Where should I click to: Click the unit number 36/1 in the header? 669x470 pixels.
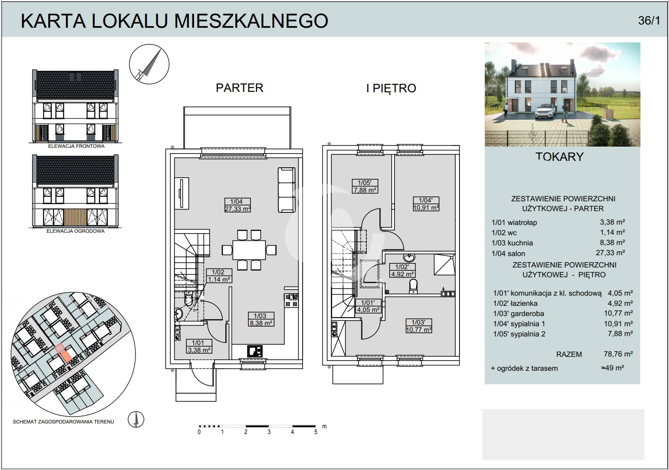(649, 20)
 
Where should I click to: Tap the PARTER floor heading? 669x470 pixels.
(239, 88)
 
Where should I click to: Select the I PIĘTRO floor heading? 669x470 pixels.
(391, 88)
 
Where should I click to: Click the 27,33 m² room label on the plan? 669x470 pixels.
(237, 205)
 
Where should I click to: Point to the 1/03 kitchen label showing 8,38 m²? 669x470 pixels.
(261, 319)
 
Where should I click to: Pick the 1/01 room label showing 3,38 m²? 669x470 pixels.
(199, 346)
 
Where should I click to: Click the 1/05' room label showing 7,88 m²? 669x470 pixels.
(365, 186)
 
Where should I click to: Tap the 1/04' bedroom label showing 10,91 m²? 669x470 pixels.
(426, 204)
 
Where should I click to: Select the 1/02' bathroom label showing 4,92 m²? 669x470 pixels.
(402, 271)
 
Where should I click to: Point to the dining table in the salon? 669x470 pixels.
(249, 250)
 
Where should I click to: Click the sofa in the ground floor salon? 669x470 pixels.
(287, 190)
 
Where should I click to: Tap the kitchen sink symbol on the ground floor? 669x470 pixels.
(255, 351)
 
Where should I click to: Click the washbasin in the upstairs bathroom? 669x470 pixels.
(408, 257)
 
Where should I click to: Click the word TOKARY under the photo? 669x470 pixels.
(560, 157)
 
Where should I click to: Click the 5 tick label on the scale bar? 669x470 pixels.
(316, 432)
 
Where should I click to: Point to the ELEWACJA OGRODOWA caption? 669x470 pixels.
(76, 231)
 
